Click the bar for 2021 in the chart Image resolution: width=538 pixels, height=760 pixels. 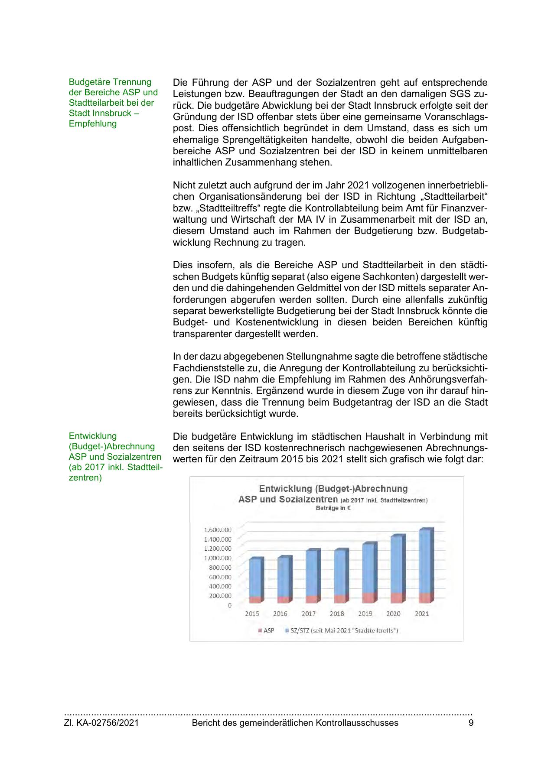425,563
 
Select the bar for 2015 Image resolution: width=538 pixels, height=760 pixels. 255,578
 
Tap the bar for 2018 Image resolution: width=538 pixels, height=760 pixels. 340,574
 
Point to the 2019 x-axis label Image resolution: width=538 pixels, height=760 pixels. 365,614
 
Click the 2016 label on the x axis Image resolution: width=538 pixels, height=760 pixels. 280,614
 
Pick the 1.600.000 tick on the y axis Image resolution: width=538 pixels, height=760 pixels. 218,529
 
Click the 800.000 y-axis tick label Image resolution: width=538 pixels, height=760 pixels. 220,567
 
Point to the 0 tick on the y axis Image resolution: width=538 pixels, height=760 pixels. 229,605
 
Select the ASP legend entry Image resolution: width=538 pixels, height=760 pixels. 266,630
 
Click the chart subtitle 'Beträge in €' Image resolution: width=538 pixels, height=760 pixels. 333,508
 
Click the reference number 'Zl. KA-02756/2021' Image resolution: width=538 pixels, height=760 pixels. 101,723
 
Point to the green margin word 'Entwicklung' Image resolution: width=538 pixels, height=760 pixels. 93,436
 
